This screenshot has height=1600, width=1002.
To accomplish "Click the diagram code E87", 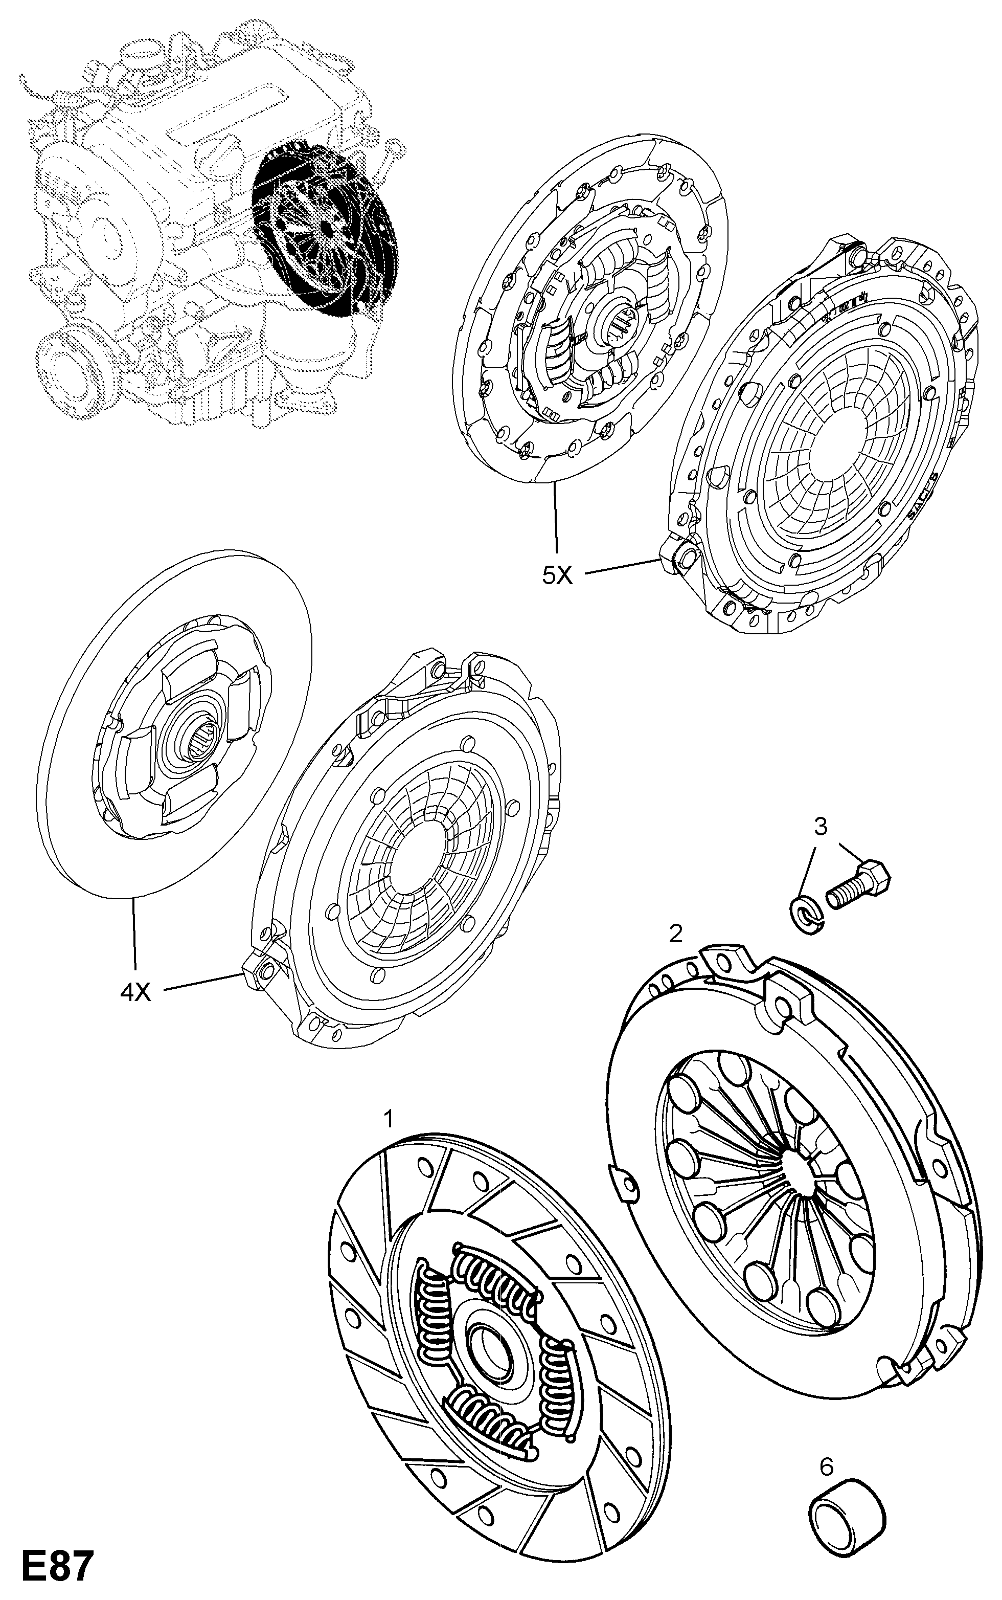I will [x=56, y=1564].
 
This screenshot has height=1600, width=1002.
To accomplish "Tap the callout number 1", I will [x=389, y=1120].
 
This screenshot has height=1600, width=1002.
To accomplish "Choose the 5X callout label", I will [x=557, y=575].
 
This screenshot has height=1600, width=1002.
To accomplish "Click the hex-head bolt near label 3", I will [x=859, y=882].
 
